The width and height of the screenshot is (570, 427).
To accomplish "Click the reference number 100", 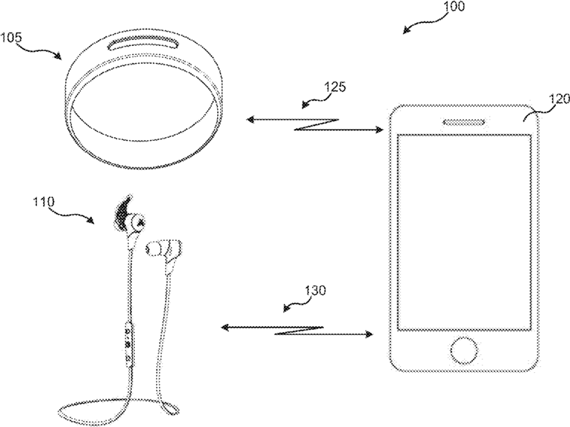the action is [454, 6].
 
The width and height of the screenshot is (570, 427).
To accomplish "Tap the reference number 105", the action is [11, 37].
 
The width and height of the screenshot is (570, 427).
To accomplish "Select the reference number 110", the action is [44, 201].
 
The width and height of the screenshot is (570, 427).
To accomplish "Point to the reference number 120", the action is [559, 99].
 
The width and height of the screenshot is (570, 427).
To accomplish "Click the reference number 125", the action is [335, 87].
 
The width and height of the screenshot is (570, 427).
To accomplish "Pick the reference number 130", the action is [315, 291].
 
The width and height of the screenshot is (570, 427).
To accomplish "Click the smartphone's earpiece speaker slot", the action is [463, 122].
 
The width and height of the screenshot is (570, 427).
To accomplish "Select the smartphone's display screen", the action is [464, 233].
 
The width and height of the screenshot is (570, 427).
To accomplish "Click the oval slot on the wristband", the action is [145, 43].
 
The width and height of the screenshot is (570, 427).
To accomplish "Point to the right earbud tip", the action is [153, 249].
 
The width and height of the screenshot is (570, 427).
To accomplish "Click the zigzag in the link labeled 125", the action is [317, 125].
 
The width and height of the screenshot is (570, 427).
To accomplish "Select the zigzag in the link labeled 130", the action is [298, 330].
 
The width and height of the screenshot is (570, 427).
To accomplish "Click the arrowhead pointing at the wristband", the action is [251, 119].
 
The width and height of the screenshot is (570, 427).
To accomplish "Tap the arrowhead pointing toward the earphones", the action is [226, 328].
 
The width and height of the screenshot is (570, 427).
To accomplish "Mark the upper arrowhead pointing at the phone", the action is [380, 130].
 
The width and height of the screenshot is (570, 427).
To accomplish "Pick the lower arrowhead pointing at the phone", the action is [368, 334].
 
